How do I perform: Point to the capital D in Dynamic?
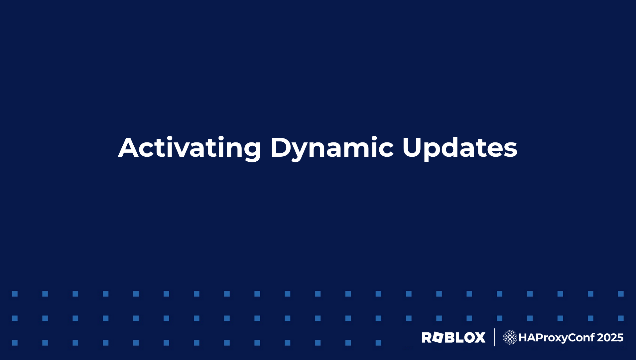[281, 147]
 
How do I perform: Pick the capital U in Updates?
[413, 147]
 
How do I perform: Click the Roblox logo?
[453, 337]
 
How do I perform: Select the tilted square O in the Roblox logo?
[438, 337]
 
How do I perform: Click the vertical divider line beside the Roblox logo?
[494, 337]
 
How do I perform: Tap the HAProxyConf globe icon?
[510, 337]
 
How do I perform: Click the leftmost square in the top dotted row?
[15, 294]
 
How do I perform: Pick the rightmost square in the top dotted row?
[621, 294]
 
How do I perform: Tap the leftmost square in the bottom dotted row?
[15, 343]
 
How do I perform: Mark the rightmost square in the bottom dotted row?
[378, 343]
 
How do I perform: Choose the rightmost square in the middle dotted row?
[621, 318]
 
